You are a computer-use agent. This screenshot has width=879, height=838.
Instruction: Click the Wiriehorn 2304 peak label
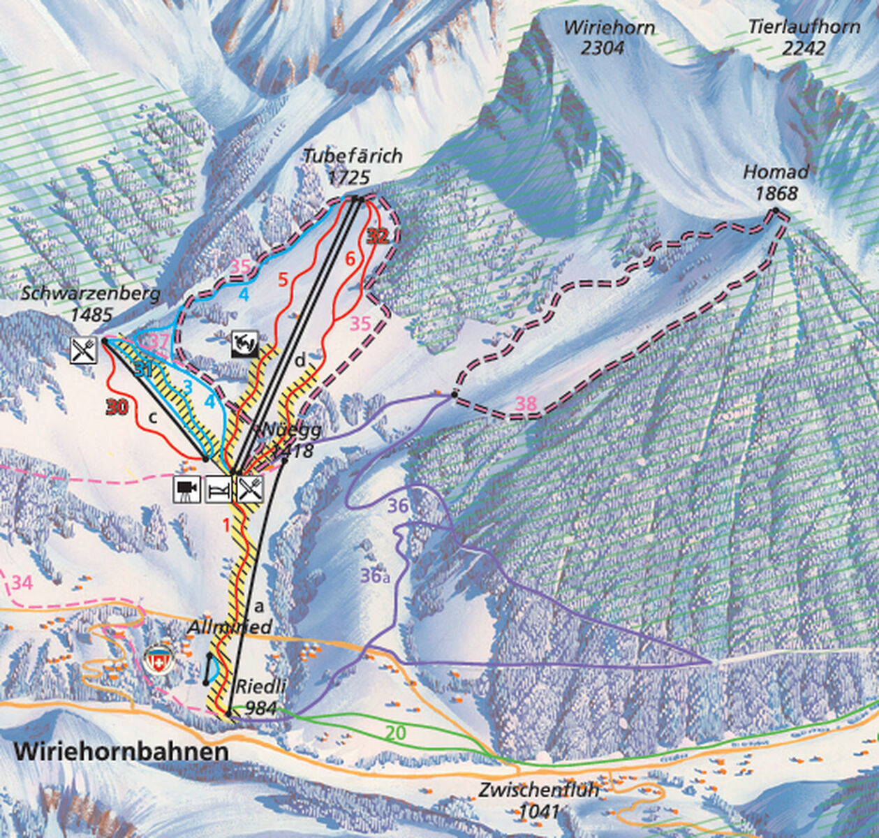click(610, 38)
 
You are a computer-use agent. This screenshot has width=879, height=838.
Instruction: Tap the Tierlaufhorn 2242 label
click(804, 38)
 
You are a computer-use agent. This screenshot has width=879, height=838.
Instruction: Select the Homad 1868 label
click(776, 182)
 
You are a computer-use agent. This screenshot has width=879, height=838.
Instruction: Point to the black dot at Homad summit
click(776, 210)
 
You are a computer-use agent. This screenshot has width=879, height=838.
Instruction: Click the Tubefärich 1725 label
click(353, 166)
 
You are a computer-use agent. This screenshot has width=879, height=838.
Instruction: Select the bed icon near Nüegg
click(218, 489)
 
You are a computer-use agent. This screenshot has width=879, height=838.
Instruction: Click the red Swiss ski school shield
click(158, 659)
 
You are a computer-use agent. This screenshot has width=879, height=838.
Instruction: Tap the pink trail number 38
click(527, 402)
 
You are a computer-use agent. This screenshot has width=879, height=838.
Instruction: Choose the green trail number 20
click(396, 733)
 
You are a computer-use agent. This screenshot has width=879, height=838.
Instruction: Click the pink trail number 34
click(22, 582)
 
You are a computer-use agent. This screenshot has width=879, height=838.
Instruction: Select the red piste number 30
click(117, 406)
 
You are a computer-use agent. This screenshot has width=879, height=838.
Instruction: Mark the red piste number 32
click(377, 236)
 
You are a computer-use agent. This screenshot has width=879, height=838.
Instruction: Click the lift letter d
click(300, 361)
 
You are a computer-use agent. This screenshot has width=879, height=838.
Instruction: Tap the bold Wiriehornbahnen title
click(121, 752)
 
